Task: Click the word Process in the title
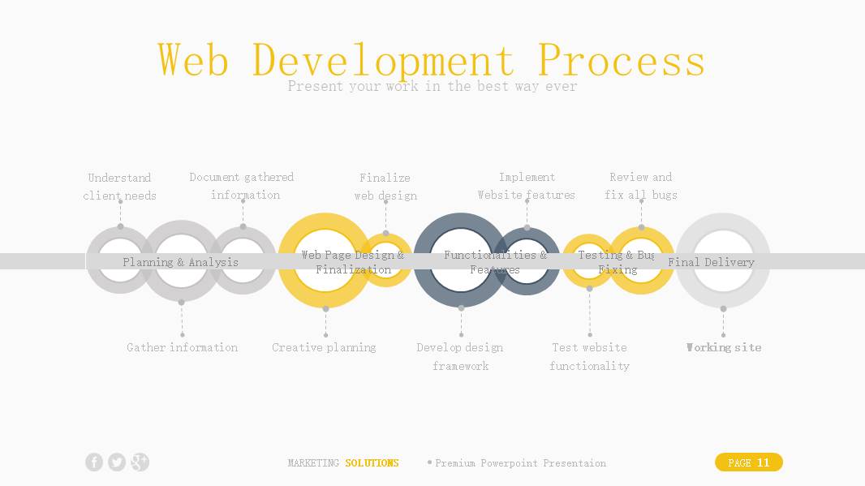point(621,60)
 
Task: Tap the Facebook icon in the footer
point(94,462)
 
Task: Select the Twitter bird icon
point(117,462)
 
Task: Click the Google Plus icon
point(140,462)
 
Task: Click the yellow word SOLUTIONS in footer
point(372,463)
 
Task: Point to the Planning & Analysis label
point(180,262)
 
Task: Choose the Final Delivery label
point(711,262)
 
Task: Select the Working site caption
point(723,347)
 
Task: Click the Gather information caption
point(182,347)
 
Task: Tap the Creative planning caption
point(324,347)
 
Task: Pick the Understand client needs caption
point(119,187)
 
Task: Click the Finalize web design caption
point(385,187)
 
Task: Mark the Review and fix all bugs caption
point(641,186)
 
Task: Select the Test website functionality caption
point(589,356)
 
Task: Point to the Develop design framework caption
point(460,356)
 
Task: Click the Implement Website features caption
point(527,186)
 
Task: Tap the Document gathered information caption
point(242,186)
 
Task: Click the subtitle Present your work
point(432,86)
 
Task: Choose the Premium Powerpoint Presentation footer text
point(520,463)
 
